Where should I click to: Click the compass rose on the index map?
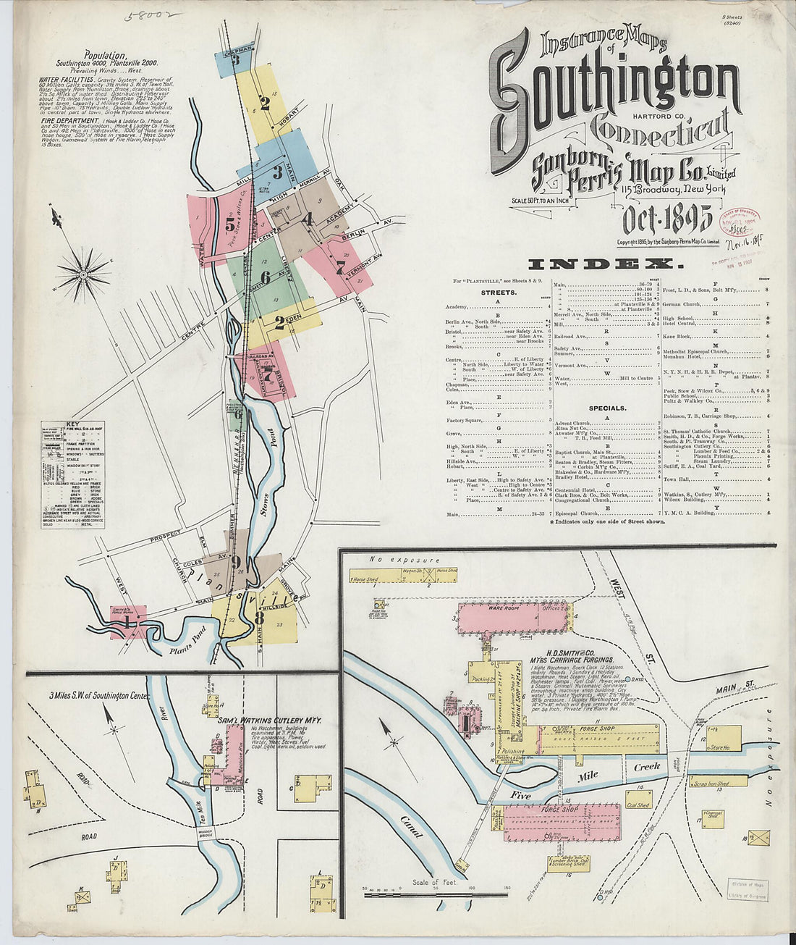click(x=83, y=274)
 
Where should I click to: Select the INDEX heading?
click(x=604, y=264)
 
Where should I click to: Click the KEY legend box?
click(x=72, y=474)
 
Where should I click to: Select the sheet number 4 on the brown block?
click(x=308, y=218)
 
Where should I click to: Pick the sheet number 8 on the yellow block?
click(x=258, y=618)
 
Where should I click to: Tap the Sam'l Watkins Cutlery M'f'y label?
click(x=269, y=721)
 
